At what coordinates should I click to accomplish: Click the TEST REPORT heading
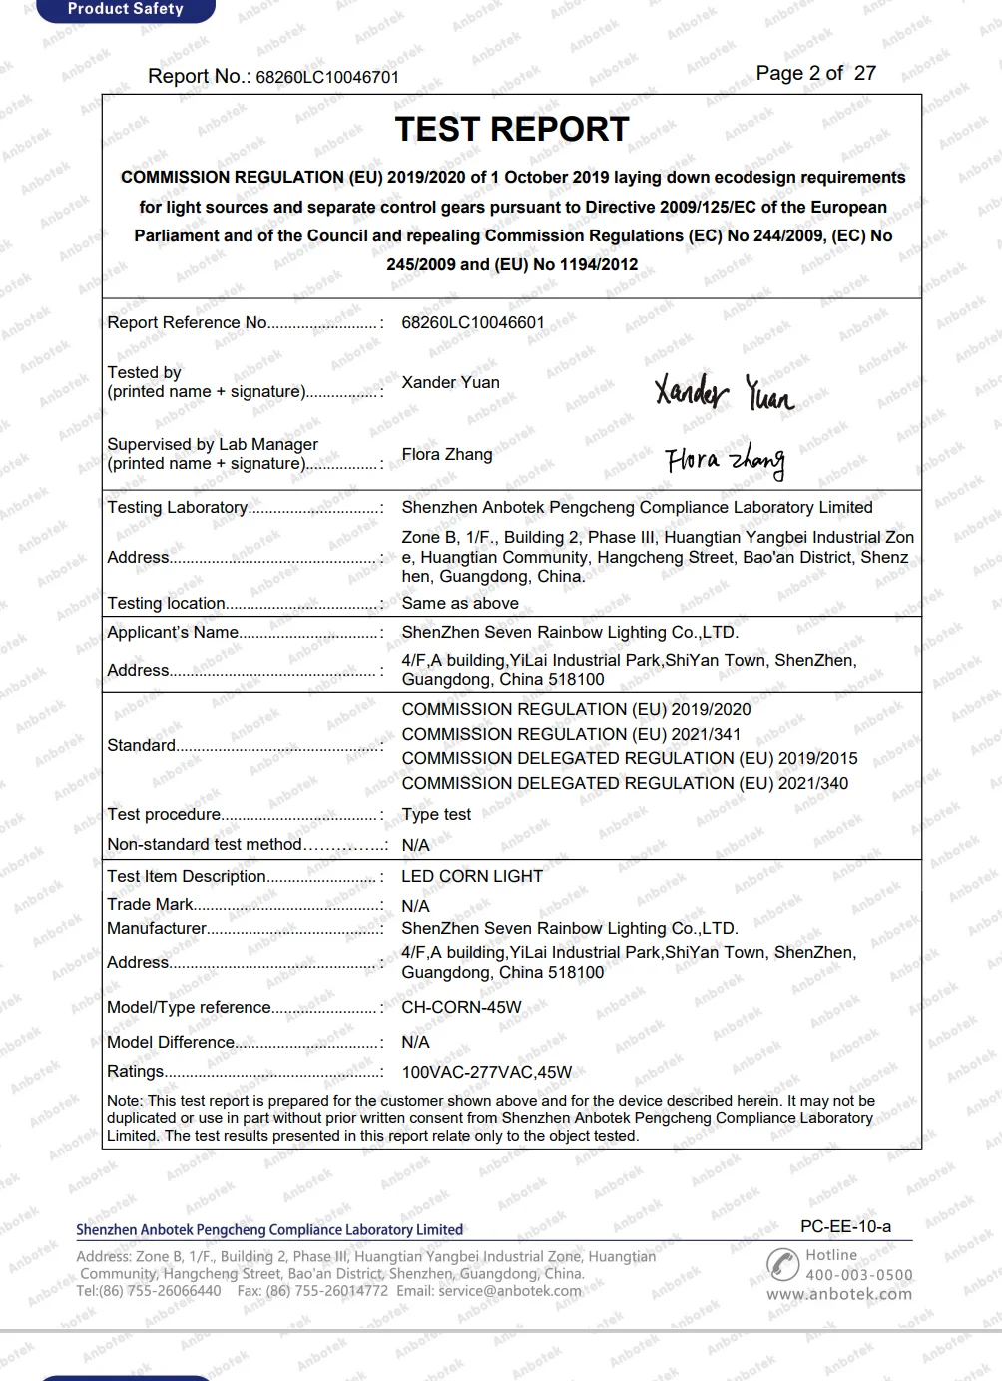(x=512, y=130)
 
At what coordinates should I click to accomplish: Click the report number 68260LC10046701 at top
(x=327, y=77)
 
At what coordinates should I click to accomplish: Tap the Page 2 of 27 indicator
(x=815, y=73)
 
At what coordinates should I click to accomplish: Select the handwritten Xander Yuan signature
(x=724, y=392)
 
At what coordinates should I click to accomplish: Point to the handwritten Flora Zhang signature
(x=725, y=460)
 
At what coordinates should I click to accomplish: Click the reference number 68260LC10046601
(x=473, y=323)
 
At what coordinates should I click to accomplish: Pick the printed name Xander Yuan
(x=450, y=382)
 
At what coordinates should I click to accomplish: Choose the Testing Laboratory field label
(x=178, y=507)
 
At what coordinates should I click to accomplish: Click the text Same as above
(x=460, y=603)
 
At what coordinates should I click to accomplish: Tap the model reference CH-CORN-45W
(x=461, y=1007)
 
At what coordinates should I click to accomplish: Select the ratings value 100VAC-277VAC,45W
(x=486, y=1072)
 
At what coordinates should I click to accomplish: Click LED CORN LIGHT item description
(x=472, y=876)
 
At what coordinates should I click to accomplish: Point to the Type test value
(x=436, y=814)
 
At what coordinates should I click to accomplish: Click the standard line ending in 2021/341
(x=571, y=734)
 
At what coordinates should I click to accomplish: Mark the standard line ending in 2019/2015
(x=629, y=758)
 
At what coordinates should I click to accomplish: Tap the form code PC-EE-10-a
(x=845, y=1226)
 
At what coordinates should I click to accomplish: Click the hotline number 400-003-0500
(x=858, y=1274)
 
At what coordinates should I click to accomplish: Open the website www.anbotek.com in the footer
(x=838, y=1294)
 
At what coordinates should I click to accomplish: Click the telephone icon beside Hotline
(x=782, y=1263)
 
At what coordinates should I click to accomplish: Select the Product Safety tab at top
(x=125, y=9)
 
